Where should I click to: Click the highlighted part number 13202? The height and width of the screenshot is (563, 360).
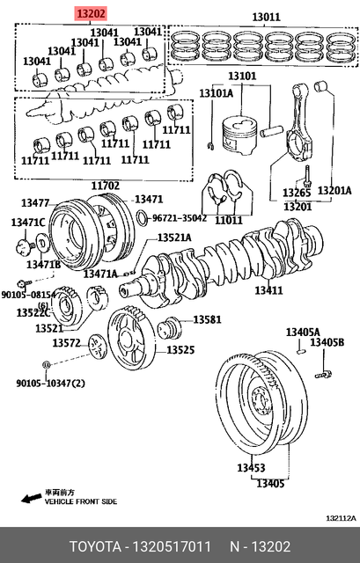(x=91, y=14)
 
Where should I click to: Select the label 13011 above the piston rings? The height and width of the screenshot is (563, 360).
(x=266, y=17)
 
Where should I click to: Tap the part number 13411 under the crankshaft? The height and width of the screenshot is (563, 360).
(x=268, y=289)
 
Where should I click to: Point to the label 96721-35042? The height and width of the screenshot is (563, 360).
(x=180, y=218)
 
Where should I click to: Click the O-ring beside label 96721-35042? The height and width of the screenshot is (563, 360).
(x=143, y=217)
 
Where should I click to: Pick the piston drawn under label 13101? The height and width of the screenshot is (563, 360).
(x=240, y=135)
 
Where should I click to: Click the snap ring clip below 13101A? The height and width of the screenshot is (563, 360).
(x=211, y=145)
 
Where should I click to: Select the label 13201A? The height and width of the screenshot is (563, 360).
(x=334, y=190)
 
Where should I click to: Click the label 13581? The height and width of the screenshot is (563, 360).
(x=208, y=319)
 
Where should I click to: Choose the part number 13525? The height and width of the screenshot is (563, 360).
(x=180, y=349)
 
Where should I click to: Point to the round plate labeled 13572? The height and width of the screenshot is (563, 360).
(x=98, y=346)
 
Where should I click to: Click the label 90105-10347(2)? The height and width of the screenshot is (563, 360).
(x=50, y=384)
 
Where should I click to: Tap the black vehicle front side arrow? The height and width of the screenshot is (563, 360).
(x=31, y=498)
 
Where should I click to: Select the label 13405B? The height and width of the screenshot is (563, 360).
(x=327, y=342)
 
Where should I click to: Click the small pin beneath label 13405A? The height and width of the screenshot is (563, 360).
(x=301, y=351)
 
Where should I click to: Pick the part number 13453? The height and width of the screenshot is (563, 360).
(x=251, y=467)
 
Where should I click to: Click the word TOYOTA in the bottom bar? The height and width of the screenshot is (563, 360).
(x=96, y=546)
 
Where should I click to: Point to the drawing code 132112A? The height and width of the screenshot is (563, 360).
(x=341, y=518)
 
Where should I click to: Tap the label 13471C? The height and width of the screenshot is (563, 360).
(x=28, y=223)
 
